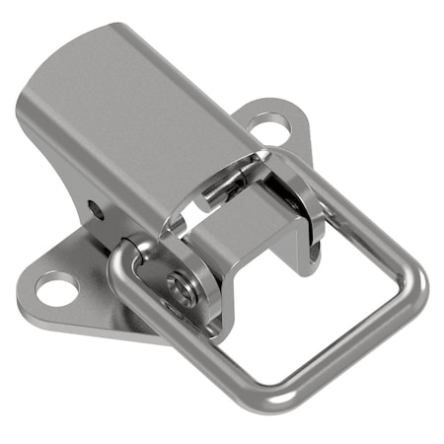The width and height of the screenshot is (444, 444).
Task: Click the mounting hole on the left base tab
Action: pyautogui.click(x=57, y=288)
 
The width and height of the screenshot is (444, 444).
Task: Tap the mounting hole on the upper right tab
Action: pyautogui.click(x=267, y=125)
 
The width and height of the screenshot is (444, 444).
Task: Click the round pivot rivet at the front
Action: pyautogui.click(x=181, y=287)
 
